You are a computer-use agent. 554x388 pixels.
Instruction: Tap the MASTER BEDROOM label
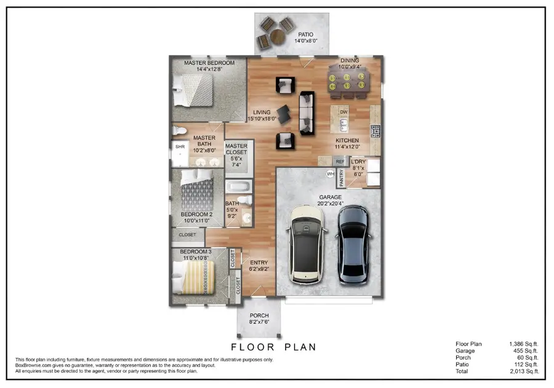209,63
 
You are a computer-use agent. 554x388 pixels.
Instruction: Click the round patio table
278,36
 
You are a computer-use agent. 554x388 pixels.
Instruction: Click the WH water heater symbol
331,174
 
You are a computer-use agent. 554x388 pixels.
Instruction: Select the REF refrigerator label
340,160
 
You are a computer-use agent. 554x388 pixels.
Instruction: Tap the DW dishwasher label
344,112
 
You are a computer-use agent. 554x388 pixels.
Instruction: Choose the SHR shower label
180,148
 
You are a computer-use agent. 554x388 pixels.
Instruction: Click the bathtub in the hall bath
237,187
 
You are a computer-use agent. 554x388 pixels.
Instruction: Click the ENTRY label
259,263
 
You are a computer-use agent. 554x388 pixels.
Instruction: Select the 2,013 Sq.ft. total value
524,371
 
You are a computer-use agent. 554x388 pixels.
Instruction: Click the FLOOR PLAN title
273,347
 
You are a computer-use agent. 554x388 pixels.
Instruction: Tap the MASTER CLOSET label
236,149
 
